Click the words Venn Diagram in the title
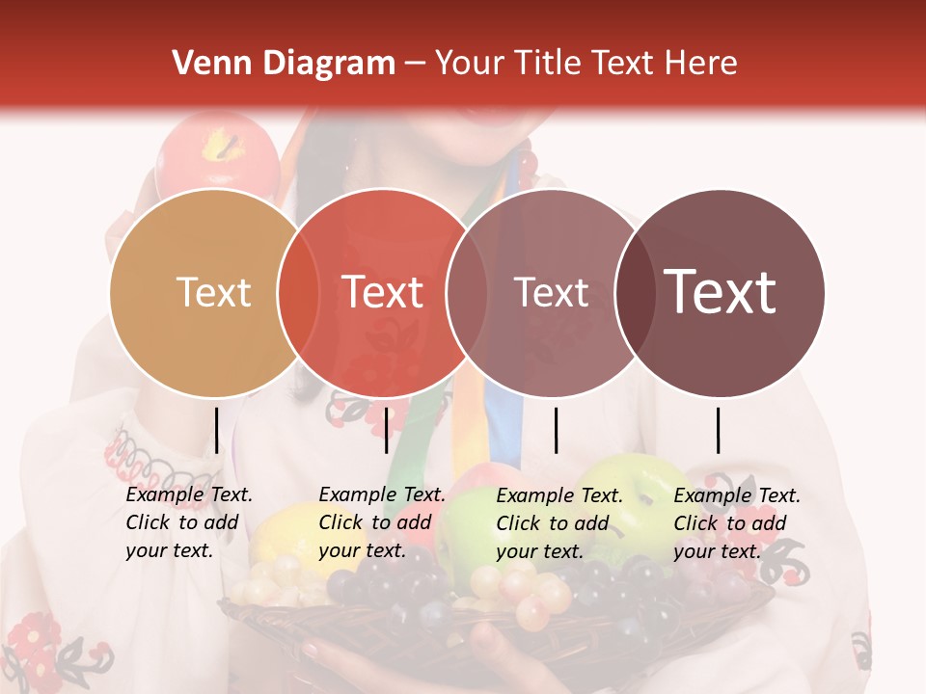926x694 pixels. click(x=284, y=64)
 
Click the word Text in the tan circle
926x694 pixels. click(x=213, y=292)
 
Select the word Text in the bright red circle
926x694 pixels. click(x=383, y=292)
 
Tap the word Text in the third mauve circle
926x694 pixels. click(x=551, y=292)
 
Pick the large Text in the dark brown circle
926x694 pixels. click(x=721, y=292)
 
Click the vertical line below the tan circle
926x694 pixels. click(x=216, y=430)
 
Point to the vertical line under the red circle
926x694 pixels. click(x=386, y=430)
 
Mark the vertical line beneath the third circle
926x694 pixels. click(x=556, y=430)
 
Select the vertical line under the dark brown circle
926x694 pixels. click(x=718, y=430)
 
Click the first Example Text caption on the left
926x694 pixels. click(x=189, y=522)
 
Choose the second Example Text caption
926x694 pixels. click(x=382, y=522)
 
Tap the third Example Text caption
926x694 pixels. click(x=559, y=523)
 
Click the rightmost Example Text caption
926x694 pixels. click(x=737, y=523)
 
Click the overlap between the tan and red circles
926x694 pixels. click(x=298, y=292)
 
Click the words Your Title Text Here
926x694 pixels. click(x=586, y=64)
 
